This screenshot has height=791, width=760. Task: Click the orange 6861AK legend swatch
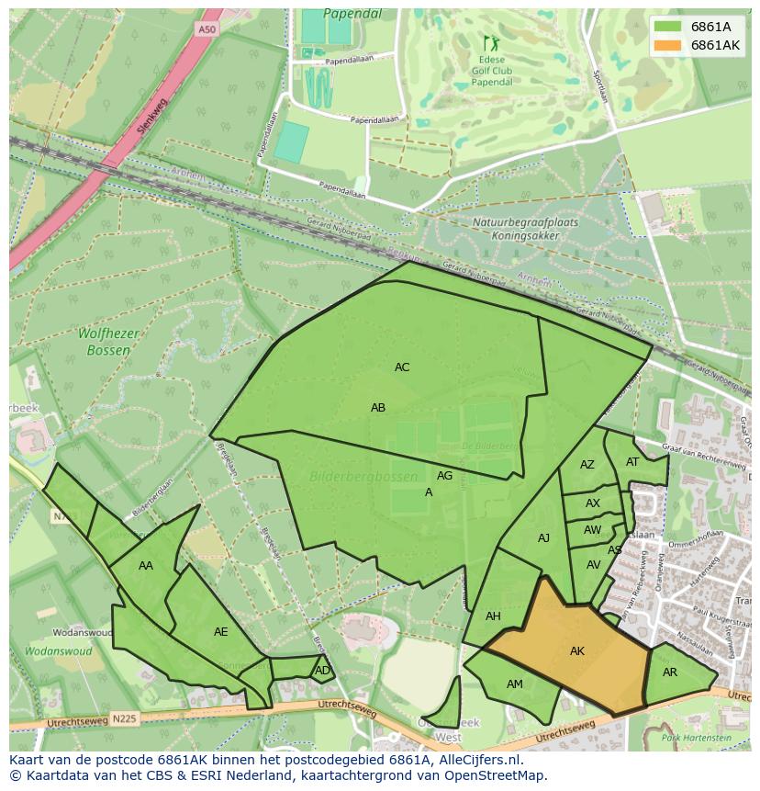[668, 45]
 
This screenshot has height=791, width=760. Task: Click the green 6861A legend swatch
[668, 27]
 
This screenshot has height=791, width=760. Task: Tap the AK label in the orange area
[577, 651]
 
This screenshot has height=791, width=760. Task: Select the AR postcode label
[670, 672]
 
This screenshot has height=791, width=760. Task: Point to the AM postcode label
[515, 684]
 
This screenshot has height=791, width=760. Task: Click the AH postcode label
[493, 616]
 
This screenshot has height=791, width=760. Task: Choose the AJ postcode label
[543, 538]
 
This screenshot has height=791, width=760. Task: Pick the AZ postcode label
[587, 465]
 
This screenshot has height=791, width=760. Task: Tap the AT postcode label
[632, 462]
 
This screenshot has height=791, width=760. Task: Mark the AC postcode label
[402, 367]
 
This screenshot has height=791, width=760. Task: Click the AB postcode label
[378, 408]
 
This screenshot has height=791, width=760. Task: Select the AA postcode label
[146, 566]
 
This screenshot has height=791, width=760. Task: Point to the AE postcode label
[220, 632]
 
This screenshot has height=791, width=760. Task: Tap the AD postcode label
[322, 671]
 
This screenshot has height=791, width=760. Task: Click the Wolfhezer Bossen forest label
[108, 343]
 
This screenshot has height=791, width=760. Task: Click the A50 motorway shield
[208, 30]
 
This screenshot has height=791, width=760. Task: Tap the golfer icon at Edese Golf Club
[488, 42]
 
